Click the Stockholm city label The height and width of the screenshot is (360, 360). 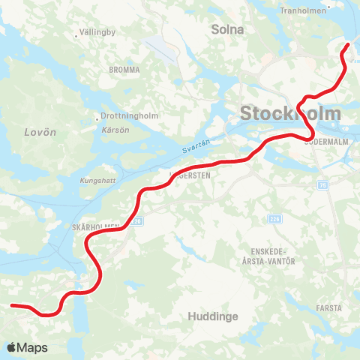(289, 114)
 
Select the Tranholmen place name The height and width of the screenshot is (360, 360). (304, 11)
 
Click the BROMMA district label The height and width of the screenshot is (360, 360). (124, 70)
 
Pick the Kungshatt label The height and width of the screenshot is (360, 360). (97, 181)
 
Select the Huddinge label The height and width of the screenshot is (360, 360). (214, 316)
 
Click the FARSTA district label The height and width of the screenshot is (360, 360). (329, 307)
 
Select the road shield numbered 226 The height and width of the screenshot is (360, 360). (274, 219)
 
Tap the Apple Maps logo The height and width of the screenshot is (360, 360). (27, 347)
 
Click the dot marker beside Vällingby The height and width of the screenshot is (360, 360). (76, 34)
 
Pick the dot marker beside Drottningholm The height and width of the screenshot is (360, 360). (97, 117)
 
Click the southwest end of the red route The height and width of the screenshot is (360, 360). (12, 305)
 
